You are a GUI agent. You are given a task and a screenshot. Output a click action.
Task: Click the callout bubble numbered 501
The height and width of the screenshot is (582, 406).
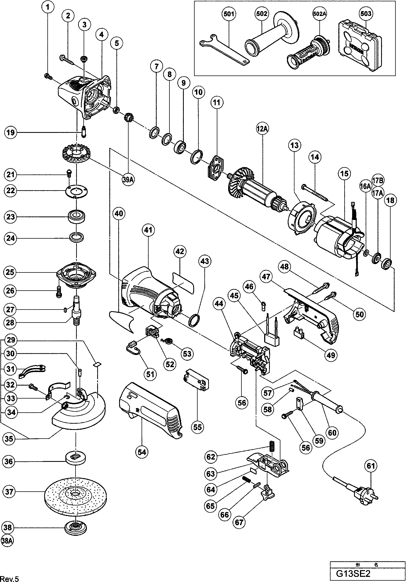229,14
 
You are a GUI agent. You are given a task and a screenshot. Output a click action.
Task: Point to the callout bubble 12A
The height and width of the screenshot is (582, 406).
262,129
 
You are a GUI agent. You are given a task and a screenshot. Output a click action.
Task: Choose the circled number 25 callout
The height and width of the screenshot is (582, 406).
10,272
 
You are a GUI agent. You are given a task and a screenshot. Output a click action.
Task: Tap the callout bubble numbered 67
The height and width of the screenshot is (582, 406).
239,522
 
